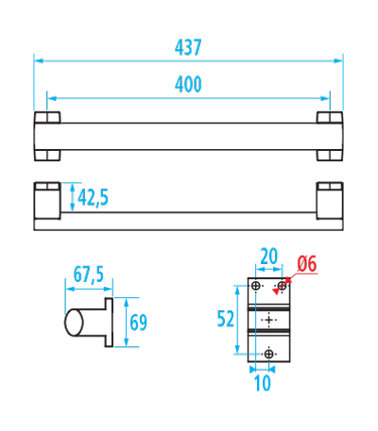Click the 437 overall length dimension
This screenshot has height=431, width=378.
click(x=188, y=48)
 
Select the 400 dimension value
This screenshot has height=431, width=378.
click(x=188, y=85)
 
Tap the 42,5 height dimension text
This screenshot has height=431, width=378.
click(x=93, y=198)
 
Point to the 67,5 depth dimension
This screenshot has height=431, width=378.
click(x=89, y=274)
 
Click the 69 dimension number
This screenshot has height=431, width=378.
click(x=139, y=323)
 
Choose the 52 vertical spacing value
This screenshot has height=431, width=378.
click(x=226, y=319)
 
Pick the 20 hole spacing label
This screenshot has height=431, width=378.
click(x=269, y=257)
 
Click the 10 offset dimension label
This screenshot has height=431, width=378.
click(x=263, y=383)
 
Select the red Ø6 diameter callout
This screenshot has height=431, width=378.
click(x=307, y=264)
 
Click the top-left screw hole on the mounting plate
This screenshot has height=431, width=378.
click(x=256, y=286)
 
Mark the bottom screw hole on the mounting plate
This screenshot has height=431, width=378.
click(x=268, y=354)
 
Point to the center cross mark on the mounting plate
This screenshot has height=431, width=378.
click(x=268, y=320)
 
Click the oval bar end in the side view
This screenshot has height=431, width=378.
click(x=74, y=323)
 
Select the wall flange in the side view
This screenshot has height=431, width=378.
click(x=109, y=323)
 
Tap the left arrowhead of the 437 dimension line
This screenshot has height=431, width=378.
click(x=39, y=60)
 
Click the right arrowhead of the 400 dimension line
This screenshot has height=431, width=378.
click(x=325, y=98)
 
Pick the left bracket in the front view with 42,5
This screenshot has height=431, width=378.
click(x=47, y=200)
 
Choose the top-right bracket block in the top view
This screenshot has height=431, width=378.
click(x=330, y=117)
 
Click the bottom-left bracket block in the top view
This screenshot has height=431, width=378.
click(x=47, y=156)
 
